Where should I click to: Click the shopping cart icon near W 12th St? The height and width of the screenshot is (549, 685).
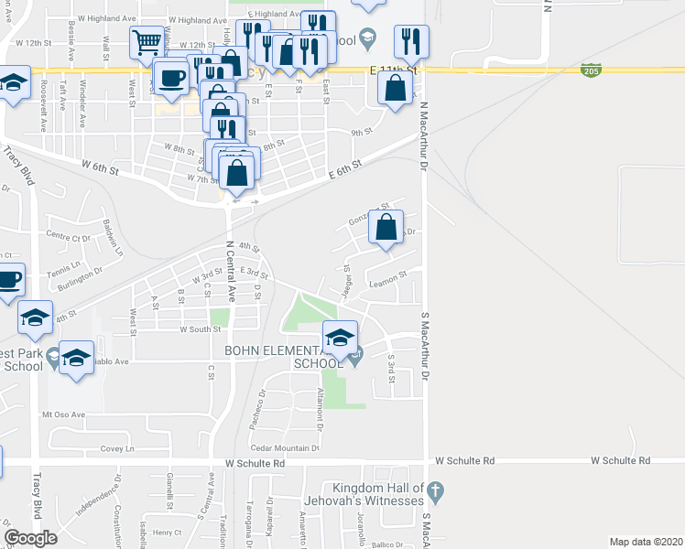coord(147,42)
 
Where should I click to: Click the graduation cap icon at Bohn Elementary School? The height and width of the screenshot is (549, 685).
coord(341,338)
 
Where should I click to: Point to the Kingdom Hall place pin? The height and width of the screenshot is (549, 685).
coord(436,491)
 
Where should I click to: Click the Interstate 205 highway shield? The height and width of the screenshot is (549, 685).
coord(591,70)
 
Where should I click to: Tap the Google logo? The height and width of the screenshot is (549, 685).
coord(30,537)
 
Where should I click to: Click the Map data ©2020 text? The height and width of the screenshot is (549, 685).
coord(647,542)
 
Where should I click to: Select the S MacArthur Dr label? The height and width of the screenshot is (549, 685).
coord(425,347)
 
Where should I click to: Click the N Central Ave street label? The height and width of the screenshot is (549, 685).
coord(231,273)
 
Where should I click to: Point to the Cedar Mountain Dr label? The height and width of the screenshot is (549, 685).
coord(284,448)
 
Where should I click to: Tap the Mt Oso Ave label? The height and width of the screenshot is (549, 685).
coord(63,414)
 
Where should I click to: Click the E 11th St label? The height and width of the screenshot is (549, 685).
coord(395,70)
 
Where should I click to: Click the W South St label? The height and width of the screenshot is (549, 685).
coord(201,329)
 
